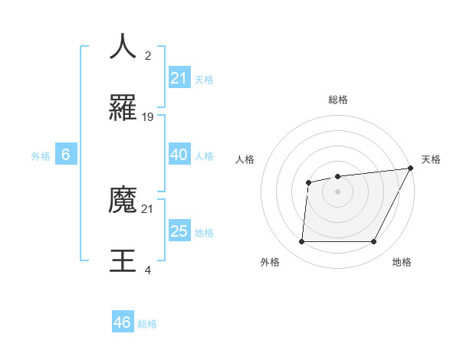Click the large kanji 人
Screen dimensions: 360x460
point(123,46)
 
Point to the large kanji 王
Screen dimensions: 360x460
point(123,261)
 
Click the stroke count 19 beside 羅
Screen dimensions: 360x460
point(148,116)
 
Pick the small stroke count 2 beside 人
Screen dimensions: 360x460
point(147,56)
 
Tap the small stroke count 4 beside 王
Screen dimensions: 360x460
point(147,270)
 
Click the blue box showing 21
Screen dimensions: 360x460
point(179,78)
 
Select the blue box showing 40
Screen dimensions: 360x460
point(179,155)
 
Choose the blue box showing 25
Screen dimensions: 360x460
point(179,231)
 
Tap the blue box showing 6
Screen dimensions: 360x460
point(66,155)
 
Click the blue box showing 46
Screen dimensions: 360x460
point(123,322)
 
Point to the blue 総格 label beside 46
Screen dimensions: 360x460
point(148,324)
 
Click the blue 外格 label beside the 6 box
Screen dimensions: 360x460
point(41,156)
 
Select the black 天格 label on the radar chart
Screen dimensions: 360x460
point(431,159)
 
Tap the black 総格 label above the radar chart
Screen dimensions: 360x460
point(337,100)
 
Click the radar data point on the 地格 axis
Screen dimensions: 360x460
point(373,241)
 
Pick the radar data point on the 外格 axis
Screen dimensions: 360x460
point(301,241)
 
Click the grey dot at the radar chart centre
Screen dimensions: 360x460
point(337,191)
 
